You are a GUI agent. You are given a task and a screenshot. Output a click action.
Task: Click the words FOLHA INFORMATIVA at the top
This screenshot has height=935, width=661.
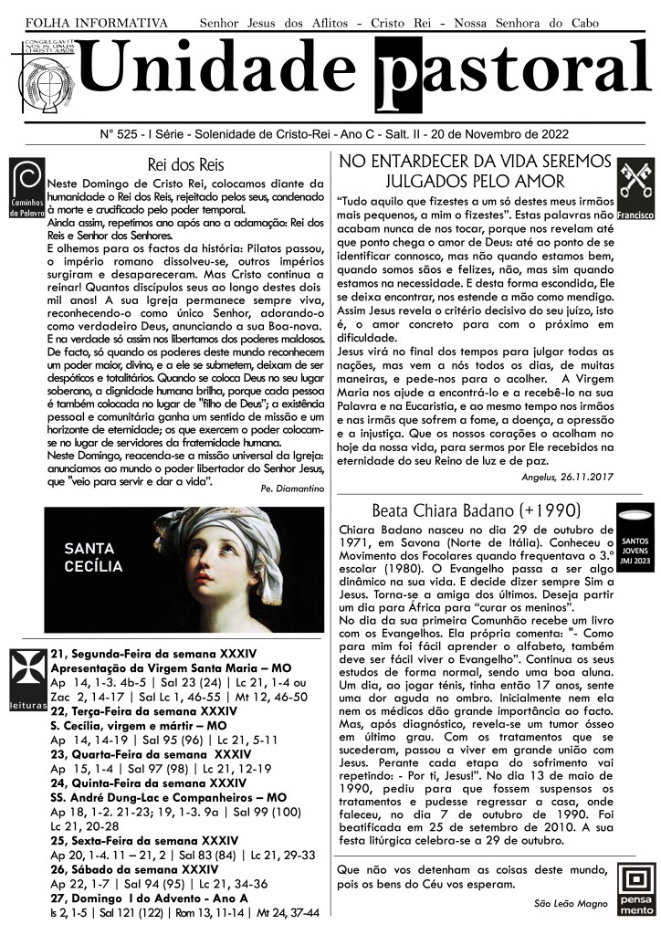(96, 21)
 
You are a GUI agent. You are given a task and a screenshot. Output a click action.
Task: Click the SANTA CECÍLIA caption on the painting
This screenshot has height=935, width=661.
(93, 557)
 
